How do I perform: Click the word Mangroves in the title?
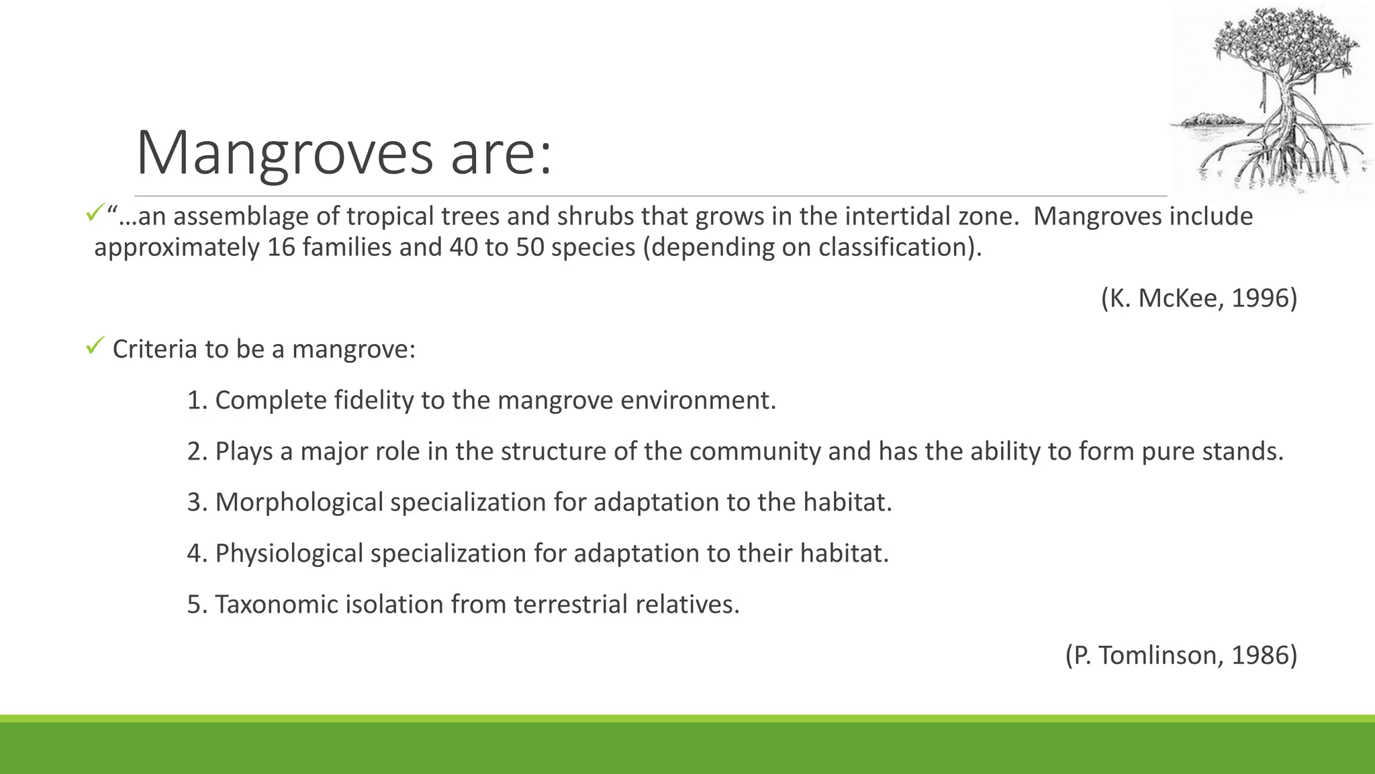[x=285, y=153]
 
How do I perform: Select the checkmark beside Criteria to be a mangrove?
[x=93, y=347]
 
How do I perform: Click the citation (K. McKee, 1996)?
[x=1198, y=298]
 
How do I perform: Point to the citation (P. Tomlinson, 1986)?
[x=1181, y=655]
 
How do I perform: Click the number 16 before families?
[x=281, y=247]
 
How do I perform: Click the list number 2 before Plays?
[x=195, y=451]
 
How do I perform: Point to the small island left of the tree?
[x=1208, y=121]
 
